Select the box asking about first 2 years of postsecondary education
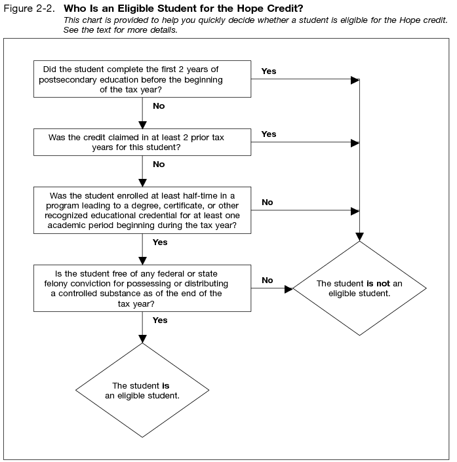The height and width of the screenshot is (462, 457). pyautogui.click(x=142, y=79)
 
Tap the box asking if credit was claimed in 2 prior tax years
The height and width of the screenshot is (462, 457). pyautogui.click(x=142, y=142)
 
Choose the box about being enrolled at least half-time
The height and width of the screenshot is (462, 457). pyautogui.click(x=142, y=210)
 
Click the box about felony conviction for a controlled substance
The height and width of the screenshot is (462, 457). pyautogui.click(x=142, y=288)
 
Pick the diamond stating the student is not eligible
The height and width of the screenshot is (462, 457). pyautogui.click(x=359, y=288)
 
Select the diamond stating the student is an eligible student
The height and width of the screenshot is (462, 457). pyautogui.click(x=142, y=391)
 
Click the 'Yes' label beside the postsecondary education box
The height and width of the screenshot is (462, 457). pyautogui.click(x=269, y=71)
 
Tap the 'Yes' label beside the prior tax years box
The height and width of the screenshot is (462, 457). pyautogui.click(x=269, y=134)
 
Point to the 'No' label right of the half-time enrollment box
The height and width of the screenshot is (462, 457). pyautogui.click(x=268, y=202)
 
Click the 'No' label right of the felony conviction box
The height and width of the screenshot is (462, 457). pyautogui.click(x=268, y=280)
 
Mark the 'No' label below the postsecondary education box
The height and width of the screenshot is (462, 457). pyautogui.click(x=159, y=106)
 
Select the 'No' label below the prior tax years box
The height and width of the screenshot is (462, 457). pyautogui.click(x=159, y=164)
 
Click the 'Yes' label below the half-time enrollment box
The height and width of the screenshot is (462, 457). pyautogui.click(x=160, y=242)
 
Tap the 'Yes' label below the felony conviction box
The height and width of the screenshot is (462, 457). pyautogui.click(x=160, y=320)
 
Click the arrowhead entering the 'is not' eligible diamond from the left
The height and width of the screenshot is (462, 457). pyautogui.click(x=288, y=288)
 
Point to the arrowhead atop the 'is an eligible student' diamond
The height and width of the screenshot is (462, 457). pyautogui.click(x=142, y=339)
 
